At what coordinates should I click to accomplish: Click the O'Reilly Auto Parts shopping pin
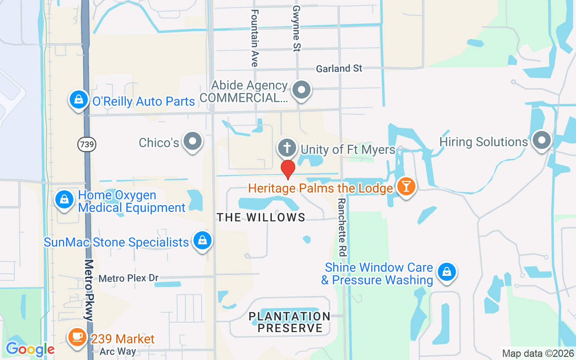coord(79,100)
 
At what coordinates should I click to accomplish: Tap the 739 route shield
coord(86,144)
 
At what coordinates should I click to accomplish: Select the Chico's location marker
coord(193,141)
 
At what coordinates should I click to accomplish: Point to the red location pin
coord(288,169)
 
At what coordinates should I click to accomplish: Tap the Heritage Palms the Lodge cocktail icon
coord(406,186)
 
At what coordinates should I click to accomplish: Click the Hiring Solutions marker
coord(542,140)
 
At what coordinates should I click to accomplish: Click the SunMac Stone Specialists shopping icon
coord(202,241)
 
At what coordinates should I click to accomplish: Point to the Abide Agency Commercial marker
coord(301,90)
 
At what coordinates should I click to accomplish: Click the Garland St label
coord(339,68)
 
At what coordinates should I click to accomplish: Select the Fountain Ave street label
coord(255,38)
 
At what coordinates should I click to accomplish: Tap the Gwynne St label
coord(296,28)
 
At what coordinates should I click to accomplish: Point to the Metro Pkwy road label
coord(88,290)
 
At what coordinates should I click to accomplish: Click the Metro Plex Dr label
coord(128,278)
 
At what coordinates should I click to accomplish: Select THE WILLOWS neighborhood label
coord(261,217)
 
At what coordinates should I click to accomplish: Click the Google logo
coord(30,349)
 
